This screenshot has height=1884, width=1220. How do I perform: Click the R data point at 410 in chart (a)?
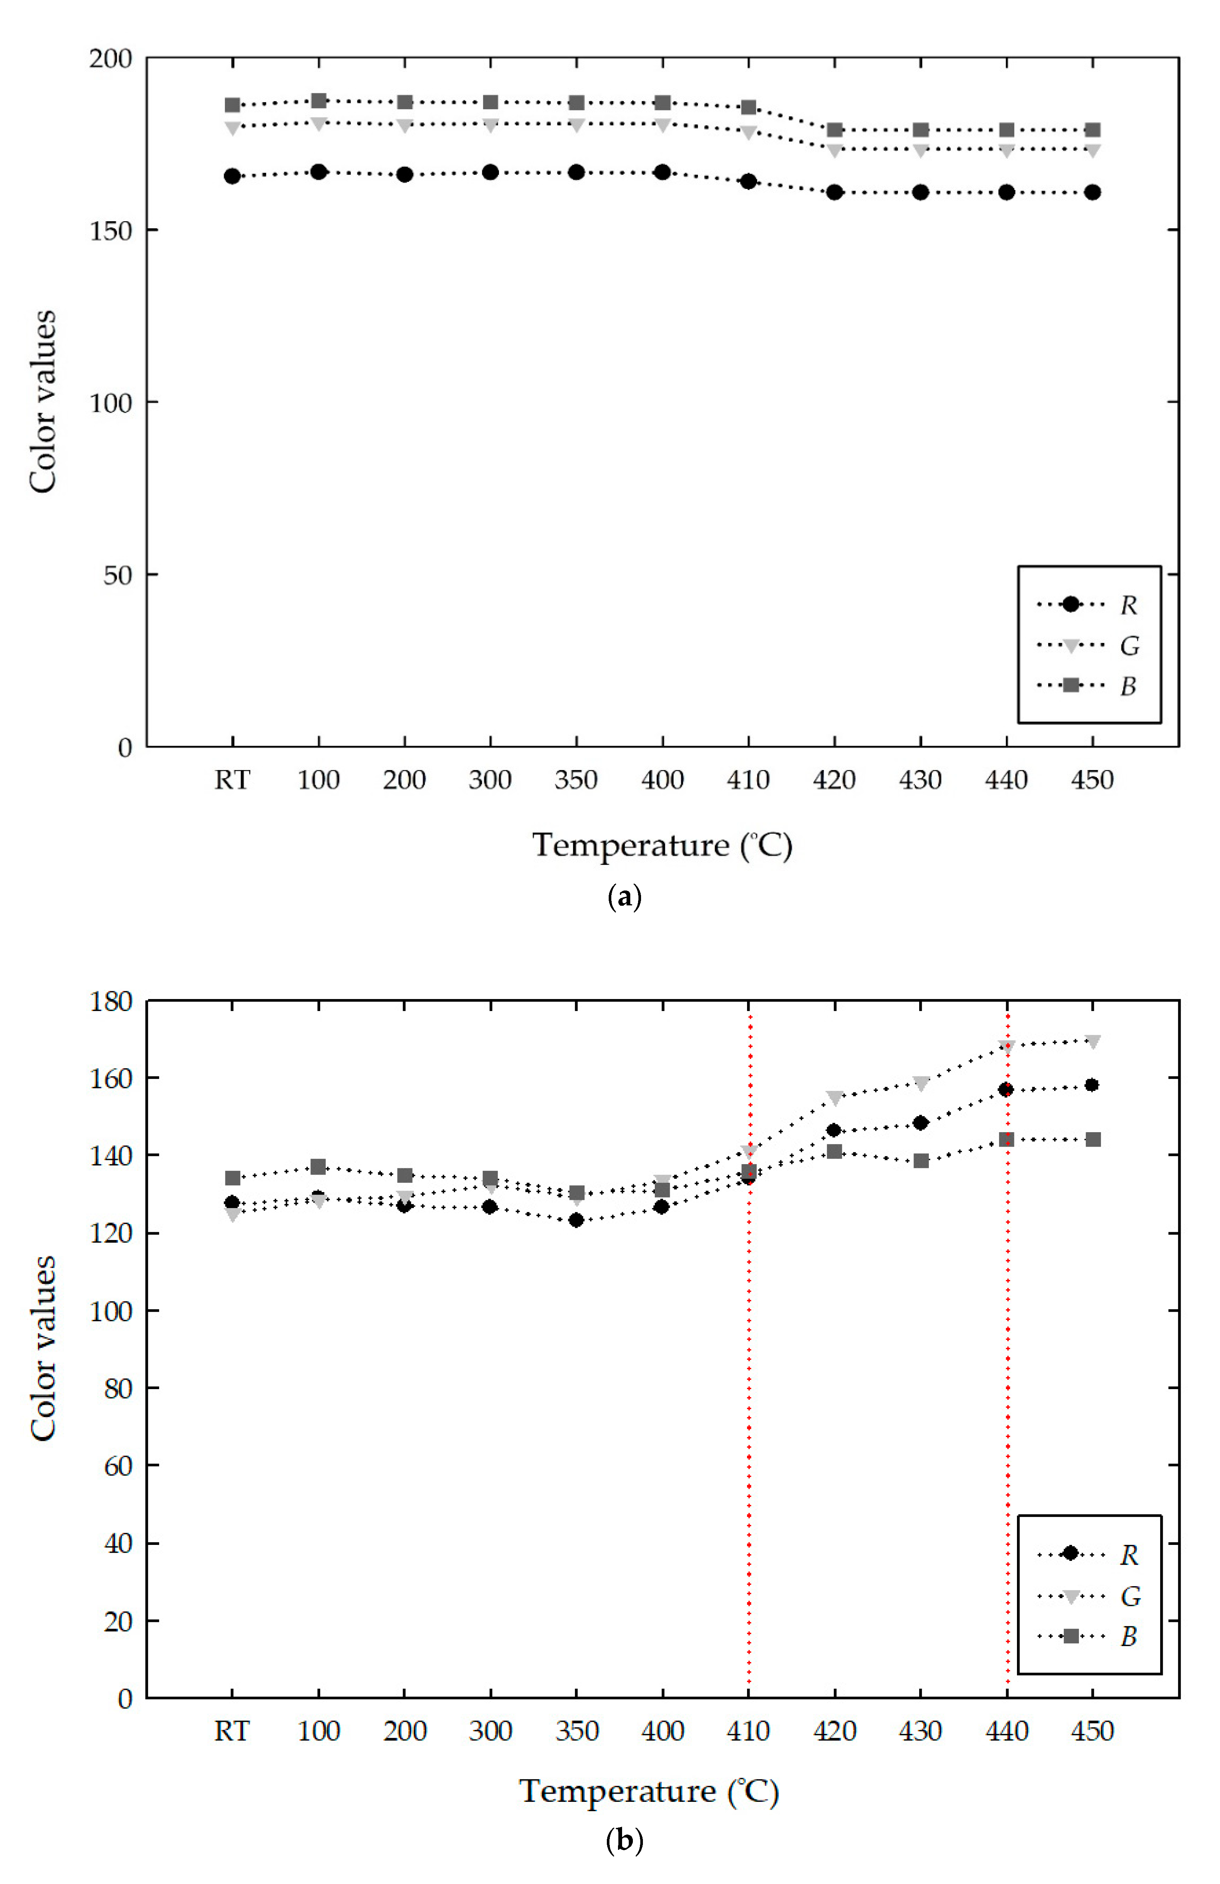click(x=748, y=181)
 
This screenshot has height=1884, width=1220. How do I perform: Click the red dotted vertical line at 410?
click(x=749, y=1425)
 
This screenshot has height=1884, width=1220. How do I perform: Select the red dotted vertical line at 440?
click(x=1007, y=1425)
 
